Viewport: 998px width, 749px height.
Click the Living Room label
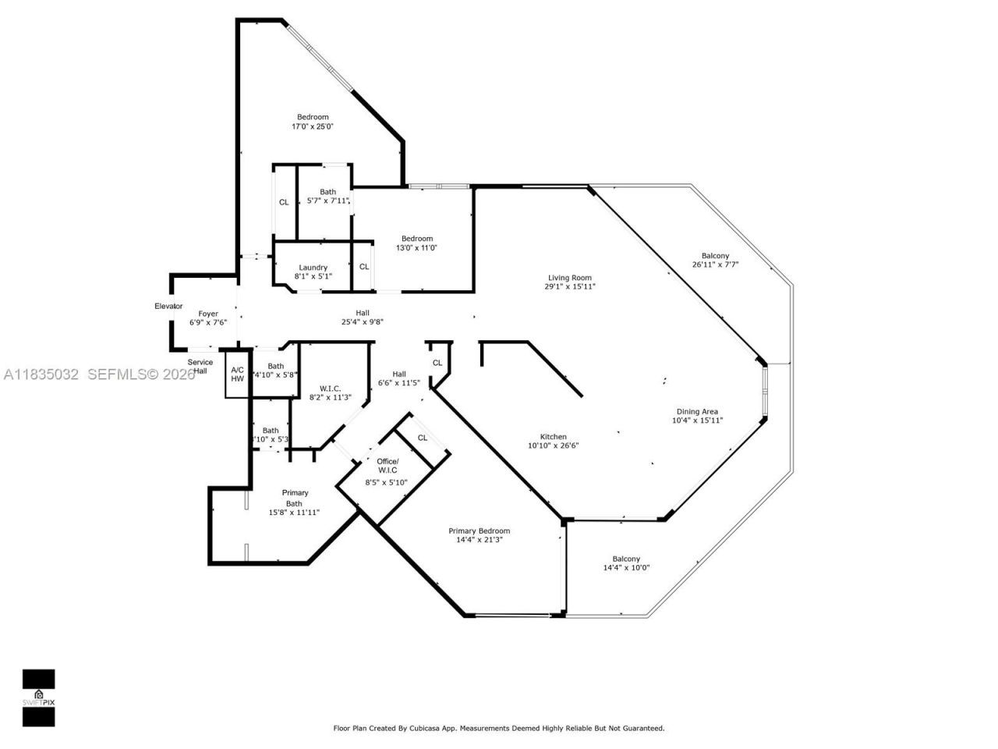tap(569, 278)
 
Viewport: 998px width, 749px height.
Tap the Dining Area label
tap(697, 412)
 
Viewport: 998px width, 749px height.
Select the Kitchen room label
tap(554, 437)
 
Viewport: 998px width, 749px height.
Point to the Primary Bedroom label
tap(479, 531)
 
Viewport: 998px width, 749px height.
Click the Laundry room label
tap(313, 268)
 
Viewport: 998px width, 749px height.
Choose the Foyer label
tap(208, 314)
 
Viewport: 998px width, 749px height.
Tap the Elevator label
tap(168, 306)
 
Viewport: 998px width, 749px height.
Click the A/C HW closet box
tap(237, 374)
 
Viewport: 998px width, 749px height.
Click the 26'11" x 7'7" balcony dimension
tap(715, 264)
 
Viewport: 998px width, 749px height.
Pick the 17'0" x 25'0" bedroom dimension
tap(313, 126)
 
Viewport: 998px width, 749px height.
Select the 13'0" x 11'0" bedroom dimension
tap(416, 248)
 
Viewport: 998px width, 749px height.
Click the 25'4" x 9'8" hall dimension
tap(363, 321)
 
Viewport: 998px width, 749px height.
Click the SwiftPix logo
tap(38, 697)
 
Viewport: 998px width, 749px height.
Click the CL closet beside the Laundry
tap(364, 267)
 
